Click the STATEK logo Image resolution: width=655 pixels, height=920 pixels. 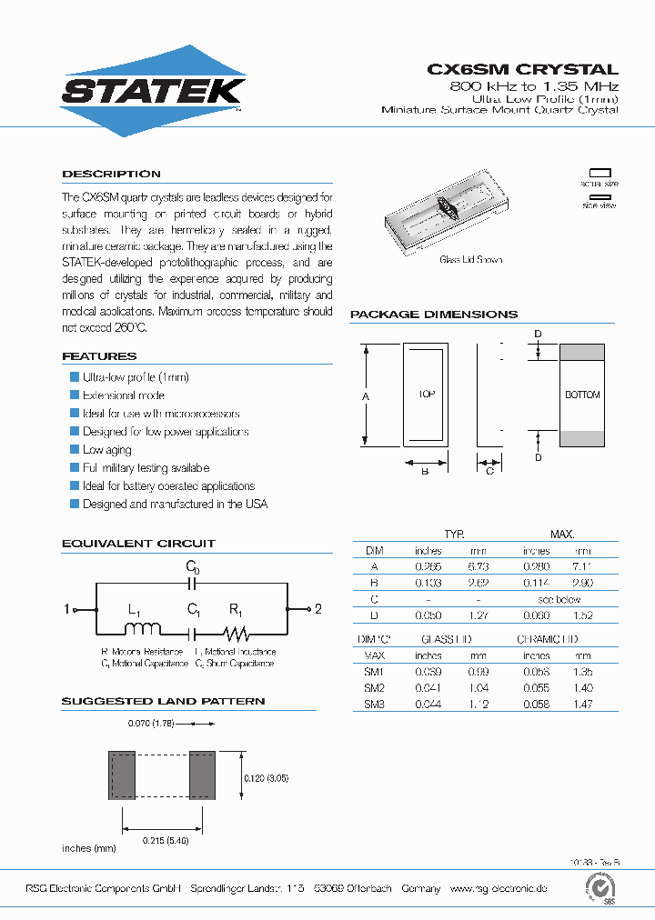pyautogui.click(x=152, y=91)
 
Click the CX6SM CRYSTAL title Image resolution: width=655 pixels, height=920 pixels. pyautogui.click(x=522, y=69)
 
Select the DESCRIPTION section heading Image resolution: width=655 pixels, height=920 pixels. pyautogui.click(x=111, y=174)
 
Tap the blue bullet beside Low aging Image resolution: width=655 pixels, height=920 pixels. pyautogui.click(x=75, y=450)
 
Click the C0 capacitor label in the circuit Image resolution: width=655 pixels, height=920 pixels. pyautogui.click(x=192, y=567)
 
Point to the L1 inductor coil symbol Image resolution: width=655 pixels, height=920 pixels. pyautogui.click(x=146, y=628)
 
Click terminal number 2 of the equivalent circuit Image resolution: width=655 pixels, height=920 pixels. pyautogui.click(x=317, y=609)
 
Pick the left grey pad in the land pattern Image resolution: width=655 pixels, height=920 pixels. pyautogui.click(x=122, y=775)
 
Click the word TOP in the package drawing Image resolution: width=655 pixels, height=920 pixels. pyautogui.click(x=427, y=395)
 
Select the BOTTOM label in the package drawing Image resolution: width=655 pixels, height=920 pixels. pyautogui.click(x=582, y=395)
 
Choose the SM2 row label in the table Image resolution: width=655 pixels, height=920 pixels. pyautogui.click(x=375, y=687)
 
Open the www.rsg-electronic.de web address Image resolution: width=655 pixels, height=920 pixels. pyautogui.click(x=498, y=888)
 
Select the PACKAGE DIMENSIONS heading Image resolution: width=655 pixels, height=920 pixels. pyautogui.click(x=434, y=315)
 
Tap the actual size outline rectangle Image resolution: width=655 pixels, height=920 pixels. pyautogui.click(x=600, y=171)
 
